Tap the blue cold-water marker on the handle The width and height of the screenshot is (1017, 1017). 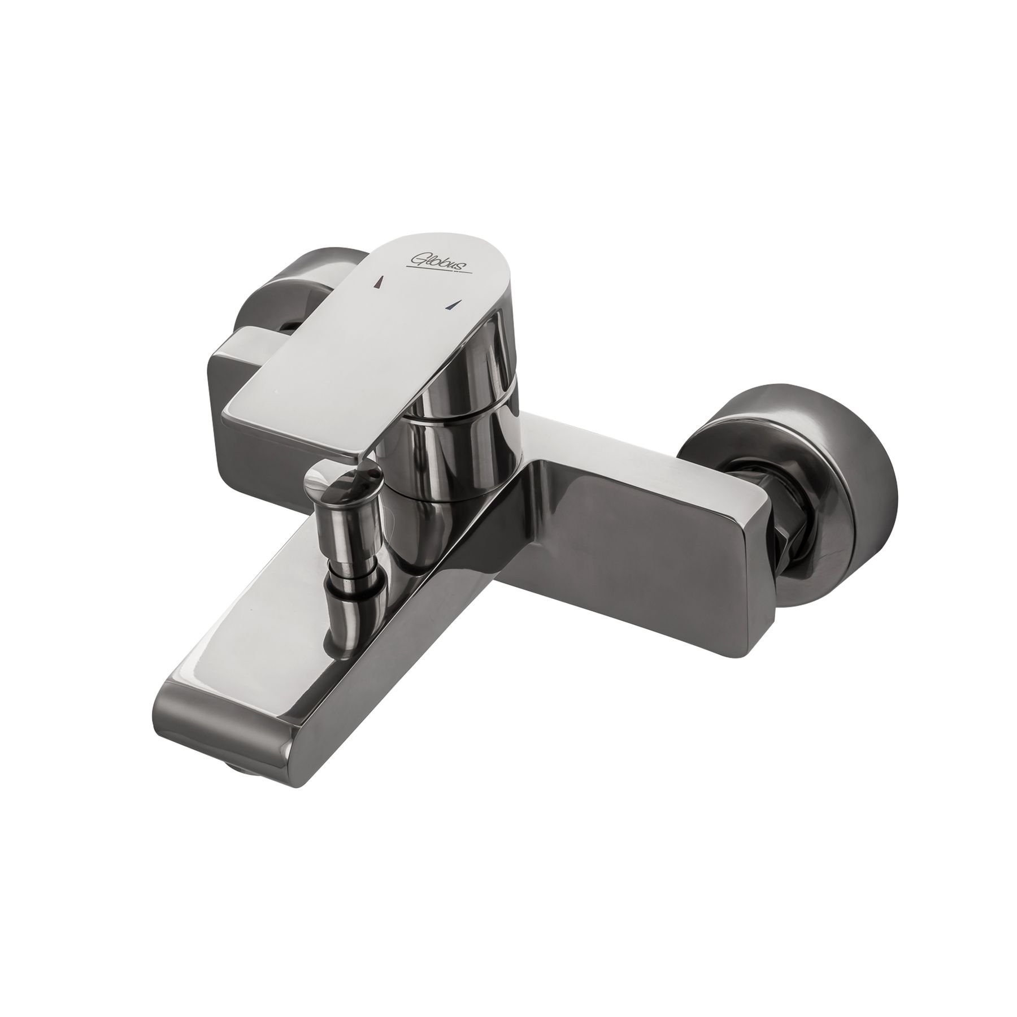tap(450, 306)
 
